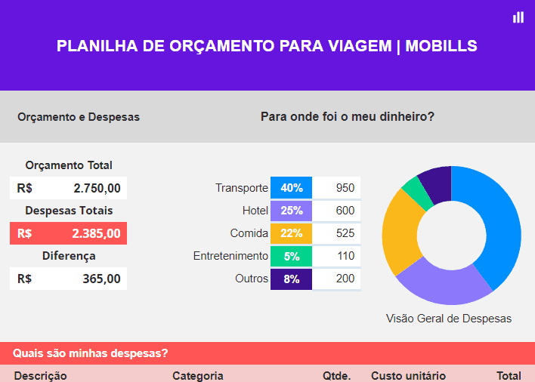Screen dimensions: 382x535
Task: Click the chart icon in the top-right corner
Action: pos(518,17)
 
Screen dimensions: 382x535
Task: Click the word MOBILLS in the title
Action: pos(441,46)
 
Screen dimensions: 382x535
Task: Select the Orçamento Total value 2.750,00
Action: pos(97,188)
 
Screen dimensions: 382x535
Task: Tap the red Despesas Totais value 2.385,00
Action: pos(97,233)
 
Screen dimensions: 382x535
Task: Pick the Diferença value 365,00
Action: pos(101,279)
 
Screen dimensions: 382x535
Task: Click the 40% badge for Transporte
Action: pos(291,188)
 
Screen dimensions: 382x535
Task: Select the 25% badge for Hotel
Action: pos(291,211)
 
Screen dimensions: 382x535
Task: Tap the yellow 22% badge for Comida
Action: pos(291,233)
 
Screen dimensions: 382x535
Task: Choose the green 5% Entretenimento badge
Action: pos(291,256)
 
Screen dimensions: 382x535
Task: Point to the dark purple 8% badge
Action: pos(291,279)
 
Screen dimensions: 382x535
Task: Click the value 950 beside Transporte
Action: pos(345,188)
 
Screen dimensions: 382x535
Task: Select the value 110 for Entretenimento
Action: pos(345,256)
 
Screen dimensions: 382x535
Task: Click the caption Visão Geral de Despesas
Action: pos(448,319)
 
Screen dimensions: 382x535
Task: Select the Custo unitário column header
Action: pos(408,376)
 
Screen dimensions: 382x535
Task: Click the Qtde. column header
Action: pos(336,376)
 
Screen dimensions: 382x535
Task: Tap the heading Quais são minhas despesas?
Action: pos(90,353)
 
